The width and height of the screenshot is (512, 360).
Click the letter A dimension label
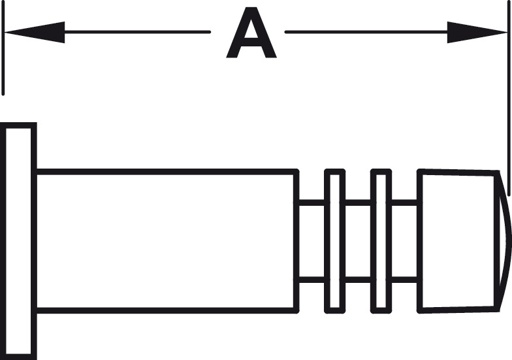point(251,33)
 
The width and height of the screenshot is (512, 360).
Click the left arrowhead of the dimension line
point(34,32)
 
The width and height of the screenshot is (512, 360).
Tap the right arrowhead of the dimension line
point(477,32)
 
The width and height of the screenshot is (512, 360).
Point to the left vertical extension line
point(3,48)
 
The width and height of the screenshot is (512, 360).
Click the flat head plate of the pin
point(18,241)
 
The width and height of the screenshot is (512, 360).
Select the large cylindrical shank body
point(167,241)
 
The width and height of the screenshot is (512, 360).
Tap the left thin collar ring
point(334,241)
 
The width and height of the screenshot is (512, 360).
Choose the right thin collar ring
point(381,241)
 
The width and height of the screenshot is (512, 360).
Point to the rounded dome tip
point(505,241)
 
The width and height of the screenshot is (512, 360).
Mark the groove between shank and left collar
point(312,241)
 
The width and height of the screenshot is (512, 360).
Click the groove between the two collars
point(358,241)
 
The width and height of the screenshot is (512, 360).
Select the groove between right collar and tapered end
point(405,241)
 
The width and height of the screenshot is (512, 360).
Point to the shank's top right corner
point(297,171)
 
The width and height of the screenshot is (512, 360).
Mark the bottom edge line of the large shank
point(167,311)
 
